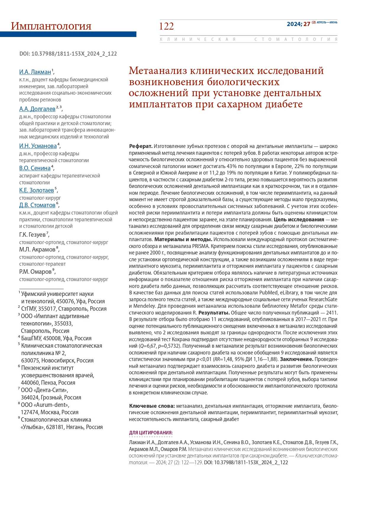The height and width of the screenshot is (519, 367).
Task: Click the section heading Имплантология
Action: click(51, 26)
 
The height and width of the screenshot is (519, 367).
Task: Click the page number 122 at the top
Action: click(166, 26)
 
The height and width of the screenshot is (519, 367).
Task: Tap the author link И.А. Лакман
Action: click(35, 72)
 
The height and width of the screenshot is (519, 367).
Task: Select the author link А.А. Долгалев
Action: click(37, 109)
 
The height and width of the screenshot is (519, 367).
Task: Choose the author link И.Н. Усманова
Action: click(38, 146)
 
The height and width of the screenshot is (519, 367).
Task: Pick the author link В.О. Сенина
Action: click(35, 168)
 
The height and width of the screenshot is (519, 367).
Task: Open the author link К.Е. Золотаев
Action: click(37, 190)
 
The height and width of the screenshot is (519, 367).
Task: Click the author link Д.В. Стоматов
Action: click(37, 205)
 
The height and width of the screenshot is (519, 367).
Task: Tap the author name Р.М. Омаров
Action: click(35, 272)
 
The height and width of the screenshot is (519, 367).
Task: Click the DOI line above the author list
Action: click(68, 54)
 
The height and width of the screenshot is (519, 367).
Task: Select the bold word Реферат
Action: click(141, 146)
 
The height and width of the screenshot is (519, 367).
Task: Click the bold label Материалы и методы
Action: click(183, 239)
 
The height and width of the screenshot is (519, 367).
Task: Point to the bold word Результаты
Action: click(214, 313)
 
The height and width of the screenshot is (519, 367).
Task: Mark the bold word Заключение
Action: click(297, 359)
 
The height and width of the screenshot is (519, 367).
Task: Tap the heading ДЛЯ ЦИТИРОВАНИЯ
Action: click(151, 433)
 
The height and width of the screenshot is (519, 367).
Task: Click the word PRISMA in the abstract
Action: click(201, 246)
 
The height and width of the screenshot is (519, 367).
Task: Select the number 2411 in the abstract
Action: click(332, 313)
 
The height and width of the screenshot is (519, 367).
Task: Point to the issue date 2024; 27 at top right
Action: click(298, 24)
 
